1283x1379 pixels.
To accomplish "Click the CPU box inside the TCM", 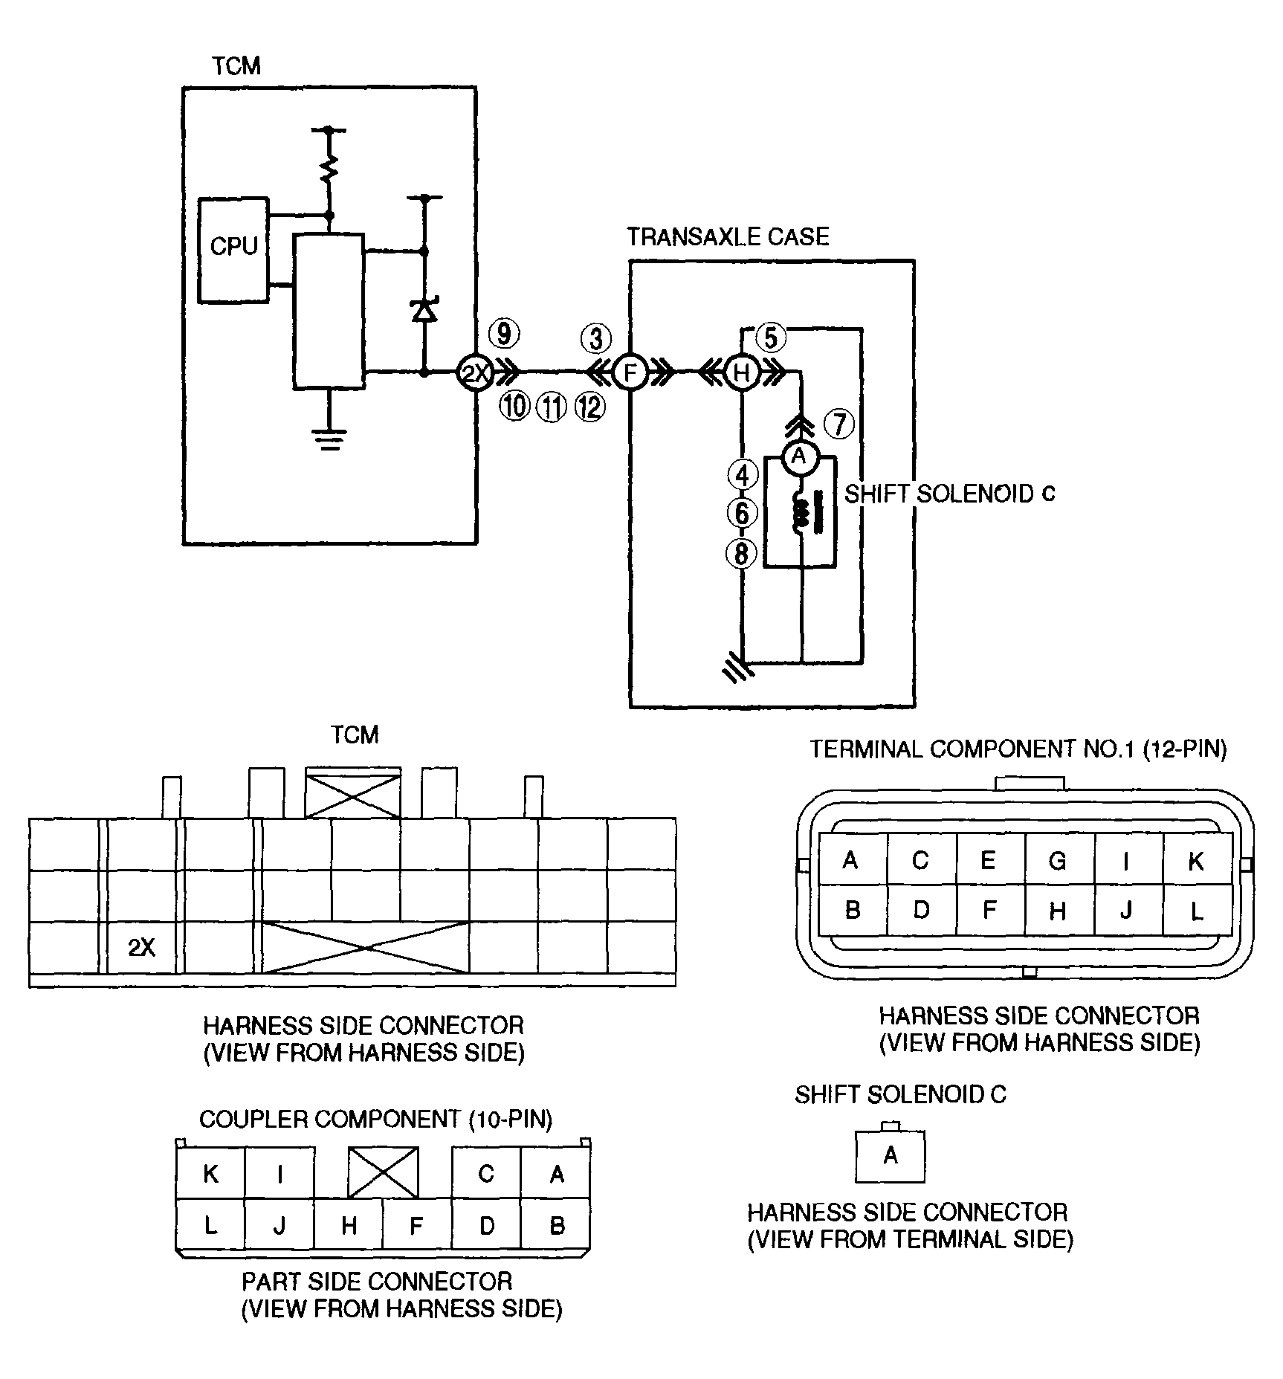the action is point(233,250).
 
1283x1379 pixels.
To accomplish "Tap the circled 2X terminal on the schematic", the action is point(474,372).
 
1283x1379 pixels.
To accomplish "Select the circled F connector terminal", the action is point(630,372).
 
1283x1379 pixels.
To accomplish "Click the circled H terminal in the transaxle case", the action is point(742,372).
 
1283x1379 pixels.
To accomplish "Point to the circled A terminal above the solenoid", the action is point(799,456).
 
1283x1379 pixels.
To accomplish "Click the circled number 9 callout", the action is point(505,334).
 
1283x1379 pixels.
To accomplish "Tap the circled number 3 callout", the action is point(596,338).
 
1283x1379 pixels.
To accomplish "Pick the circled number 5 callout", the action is point(771,338).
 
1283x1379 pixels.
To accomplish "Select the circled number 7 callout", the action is point(840,424).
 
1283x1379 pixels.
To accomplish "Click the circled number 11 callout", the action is point(551,407).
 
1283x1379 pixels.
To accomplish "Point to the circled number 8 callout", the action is point(742,553).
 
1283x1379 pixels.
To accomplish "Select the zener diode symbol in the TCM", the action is point(424,309).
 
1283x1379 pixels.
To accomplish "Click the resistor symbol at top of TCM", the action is point(328,169).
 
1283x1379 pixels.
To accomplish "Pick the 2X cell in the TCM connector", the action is point(142,947).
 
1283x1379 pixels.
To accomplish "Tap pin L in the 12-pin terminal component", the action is point(1197,910).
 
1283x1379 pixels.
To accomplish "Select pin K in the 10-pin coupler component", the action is point(210,1173).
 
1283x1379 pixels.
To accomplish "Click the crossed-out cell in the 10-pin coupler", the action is point(383,1172).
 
